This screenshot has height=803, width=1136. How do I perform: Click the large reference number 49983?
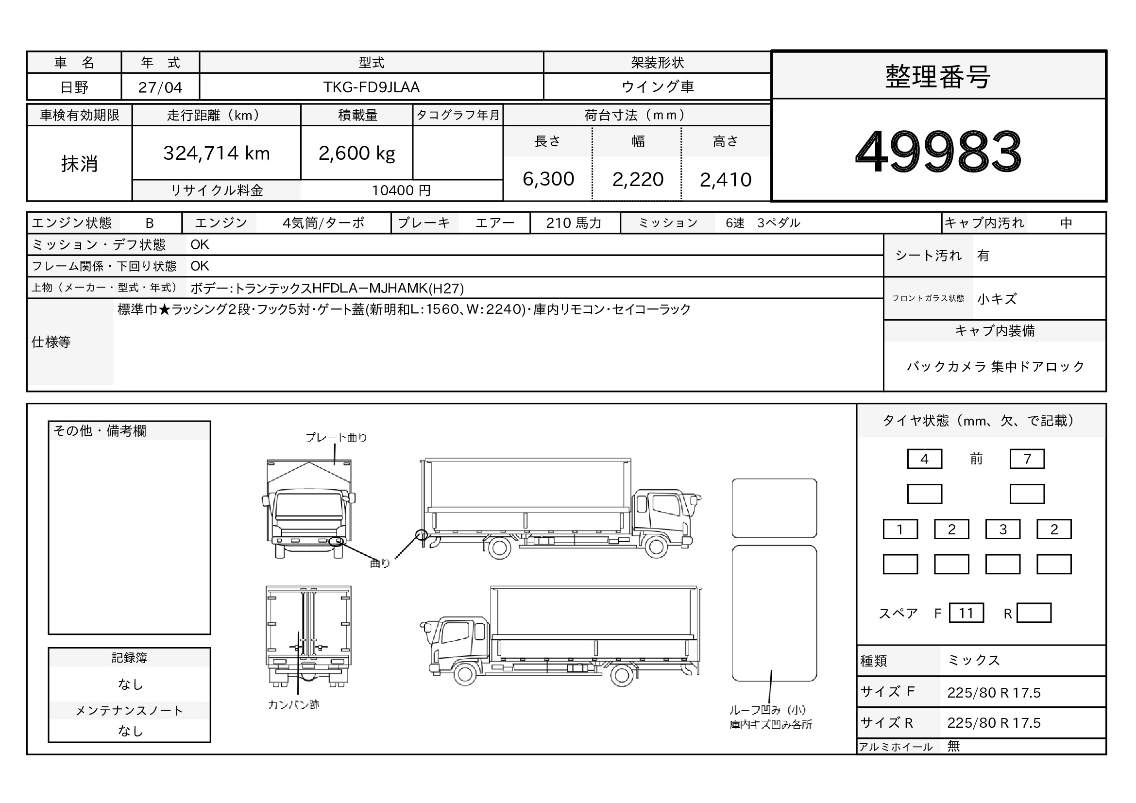938,151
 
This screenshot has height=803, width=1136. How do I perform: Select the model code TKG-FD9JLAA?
371,87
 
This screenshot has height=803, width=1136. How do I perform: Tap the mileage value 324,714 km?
216,154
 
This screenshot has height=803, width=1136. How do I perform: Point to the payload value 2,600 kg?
357,154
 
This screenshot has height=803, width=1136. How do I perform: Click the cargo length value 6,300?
548,179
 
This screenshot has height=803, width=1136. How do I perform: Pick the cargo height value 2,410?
725,180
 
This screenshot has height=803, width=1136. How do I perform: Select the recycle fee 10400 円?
401,190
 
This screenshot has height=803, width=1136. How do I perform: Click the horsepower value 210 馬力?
574,223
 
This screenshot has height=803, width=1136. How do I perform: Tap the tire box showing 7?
1027,459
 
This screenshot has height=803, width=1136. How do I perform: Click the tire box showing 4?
924,459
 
